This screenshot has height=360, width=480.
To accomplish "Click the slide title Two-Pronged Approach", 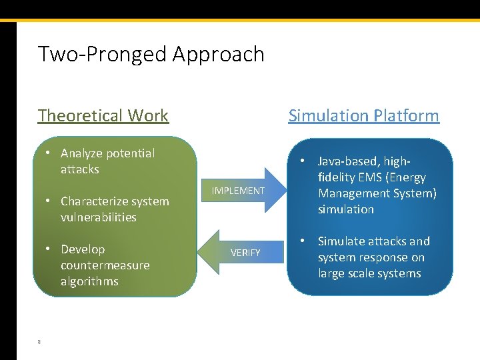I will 151,54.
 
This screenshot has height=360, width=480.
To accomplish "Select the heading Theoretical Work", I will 103,115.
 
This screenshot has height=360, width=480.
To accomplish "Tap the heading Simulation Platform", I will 363,115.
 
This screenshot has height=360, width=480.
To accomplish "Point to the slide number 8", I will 39,342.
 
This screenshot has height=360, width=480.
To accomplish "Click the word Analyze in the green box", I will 83,153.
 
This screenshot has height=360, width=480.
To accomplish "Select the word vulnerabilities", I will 98,217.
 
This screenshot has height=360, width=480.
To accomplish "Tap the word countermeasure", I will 105,265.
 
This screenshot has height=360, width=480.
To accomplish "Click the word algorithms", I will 89,281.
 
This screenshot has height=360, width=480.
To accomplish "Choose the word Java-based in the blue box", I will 347,161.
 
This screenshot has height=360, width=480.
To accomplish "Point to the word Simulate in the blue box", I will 341,241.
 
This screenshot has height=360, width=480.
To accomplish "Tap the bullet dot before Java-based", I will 303,161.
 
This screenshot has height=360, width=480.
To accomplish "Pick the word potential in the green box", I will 131,153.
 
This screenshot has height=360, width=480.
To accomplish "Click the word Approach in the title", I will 219,54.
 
